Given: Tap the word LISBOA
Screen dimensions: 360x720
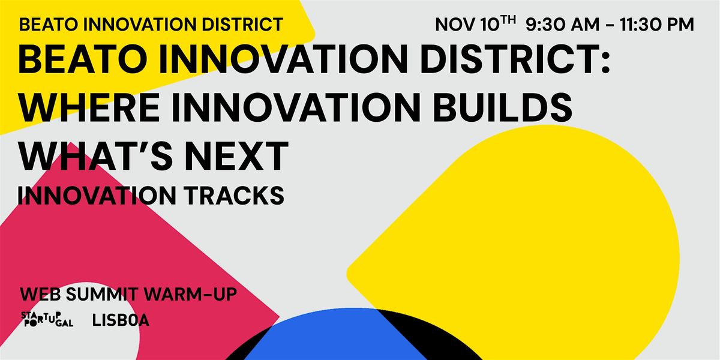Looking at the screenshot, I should tap(121, 321).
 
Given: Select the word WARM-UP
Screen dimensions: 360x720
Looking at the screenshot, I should tap(195, 295).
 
